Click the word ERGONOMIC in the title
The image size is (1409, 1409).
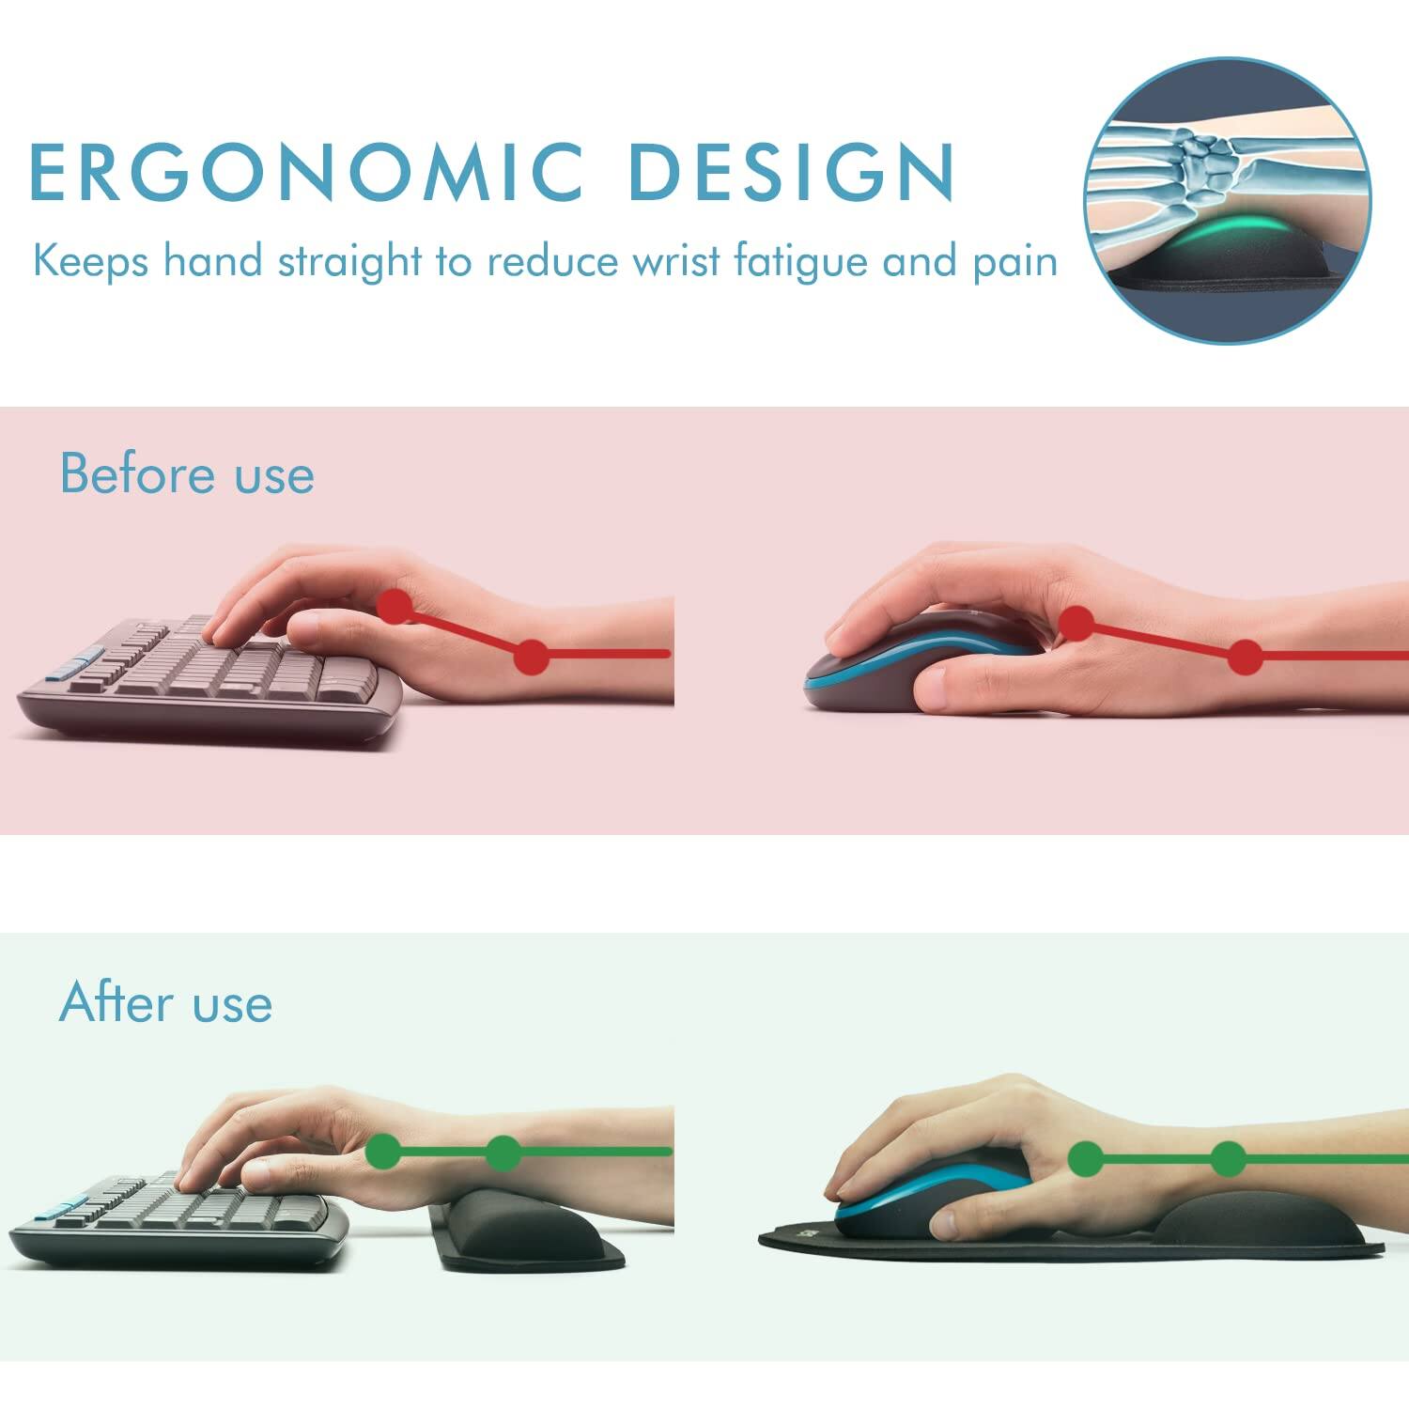click(306, 172)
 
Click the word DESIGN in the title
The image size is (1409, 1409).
click(792, 172)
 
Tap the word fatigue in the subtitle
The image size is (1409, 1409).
click(800, 260)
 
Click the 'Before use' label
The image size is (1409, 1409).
click(187, 473)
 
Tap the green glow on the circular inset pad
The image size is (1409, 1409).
click(1221, 230)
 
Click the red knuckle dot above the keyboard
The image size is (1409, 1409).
click(395, 606)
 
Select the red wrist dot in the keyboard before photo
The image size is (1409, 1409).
click(532, 656)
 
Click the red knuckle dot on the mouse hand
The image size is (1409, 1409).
click(1076, 623)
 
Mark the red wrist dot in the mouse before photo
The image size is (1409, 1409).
click(1246, 658)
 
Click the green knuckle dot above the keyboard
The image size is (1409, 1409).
click(382, 1151)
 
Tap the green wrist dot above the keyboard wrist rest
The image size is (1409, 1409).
click(504, 1153)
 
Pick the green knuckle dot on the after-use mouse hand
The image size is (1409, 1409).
click(1087, 1158)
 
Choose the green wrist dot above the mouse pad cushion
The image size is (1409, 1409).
click(1228, 1159)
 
